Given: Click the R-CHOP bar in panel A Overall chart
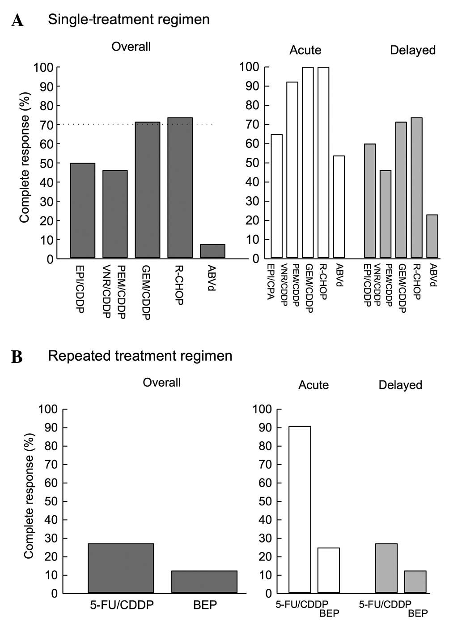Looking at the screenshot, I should [180, 188].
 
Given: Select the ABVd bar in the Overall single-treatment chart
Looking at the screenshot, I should [212, 251].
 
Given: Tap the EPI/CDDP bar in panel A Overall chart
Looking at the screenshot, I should [83, 211].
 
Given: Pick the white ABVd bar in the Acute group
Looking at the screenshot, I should [339, 207].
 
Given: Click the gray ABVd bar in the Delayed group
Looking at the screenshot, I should [432, 237].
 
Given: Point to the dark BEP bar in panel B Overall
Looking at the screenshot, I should [204, 582].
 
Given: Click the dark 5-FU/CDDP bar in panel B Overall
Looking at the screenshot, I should [121, 568].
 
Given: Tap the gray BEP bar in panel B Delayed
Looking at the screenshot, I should [415, 582].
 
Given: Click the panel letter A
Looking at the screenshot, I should [17, 21].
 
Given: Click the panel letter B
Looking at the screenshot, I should [17, 357].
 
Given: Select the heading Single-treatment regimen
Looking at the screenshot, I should [129, 19].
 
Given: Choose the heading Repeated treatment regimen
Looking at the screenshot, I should [140, 356].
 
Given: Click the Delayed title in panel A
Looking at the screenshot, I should [412, 50].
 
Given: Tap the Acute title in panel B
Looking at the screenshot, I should [314, 385].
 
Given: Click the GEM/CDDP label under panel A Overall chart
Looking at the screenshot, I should [146, 291].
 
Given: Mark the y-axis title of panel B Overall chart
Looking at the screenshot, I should [29, 496].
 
